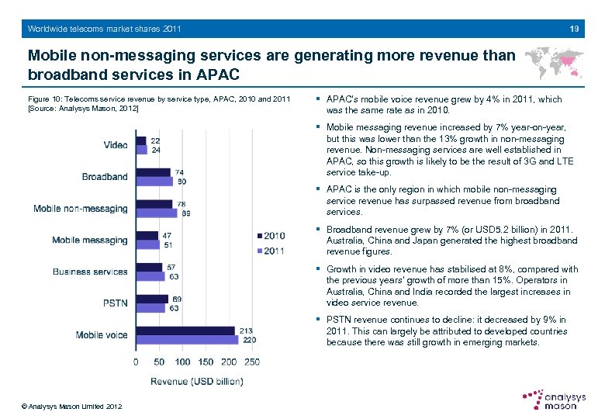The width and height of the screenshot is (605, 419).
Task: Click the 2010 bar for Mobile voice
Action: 185,331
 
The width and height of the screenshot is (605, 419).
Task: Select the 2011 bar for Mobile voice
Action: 187,340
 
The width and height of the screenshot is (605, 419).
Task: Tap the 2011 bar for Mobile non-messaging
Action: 157,213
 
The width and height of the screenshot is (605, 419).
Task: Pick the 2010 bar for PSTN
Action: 152,299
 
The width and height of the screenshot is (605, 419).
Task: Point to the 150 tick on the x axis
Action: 206,362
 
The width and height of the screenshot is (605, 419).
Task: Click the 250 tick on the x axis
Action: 251,362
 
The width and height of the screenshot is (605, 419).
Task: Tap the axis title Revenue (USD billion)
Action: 196,380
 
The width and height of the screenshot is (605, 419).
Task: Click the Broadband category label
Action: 105,177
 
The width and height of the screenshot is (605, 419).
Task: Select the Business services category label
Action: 90,272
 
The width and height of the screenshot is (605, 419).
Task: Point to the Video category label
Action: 116,145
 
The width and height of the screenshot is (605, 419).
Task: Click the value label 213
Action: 247,331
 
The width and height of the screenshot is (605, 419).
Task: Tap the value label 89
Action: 186,213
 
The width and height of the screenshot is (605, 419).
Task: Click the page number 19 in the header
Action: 574,29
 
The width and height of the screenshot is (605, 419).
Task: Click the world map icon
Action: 554,62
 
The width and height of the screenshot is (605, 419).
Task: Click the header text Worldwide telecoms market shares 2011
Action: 104,29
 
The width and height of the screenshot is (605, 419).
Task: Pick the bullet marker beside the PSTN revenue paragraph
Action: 319,320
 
